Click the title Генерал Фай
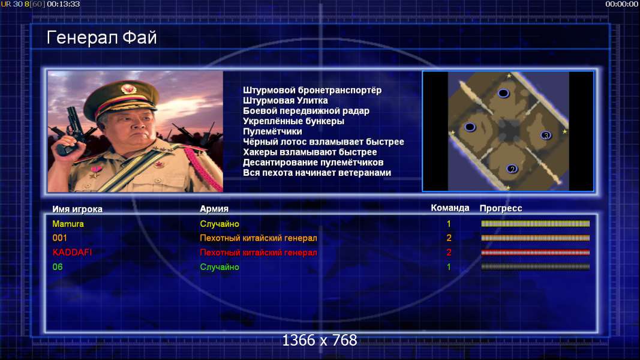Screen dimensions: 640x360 (101, 38)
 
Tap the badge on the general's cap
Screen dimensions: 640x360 (128, 89)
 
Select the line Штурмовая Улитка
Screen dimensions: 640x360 (285, 100)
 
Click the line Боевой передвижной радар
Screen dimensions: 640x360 (306, 111)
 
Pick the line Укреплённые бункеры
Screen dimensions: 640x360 (293, 121)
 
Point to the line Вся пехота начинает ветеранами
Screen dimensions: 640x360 (317, 173)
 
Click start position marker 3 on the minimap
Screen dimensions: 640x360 (546, 135)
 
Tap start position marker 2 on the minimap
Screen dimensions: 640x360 (512, 169)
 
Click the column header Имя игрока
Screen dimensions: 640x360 (77, 209)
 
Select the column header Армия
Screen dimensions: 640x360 (214, 209)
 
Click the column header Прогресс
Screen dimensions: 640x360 (501, 208)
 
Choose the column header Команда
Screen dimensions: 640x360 (450, 208)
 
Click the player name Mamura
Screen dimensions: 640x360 (68, 224)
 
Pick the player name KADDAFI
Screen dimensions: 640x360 (72, 252)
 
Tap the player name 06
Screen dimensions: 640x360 (58, 267)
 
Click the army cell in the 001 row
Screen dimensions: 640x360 (258, 238)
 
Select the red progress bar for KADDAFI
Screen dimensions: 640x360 (535, 253)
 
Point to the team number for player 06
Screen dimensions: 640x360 (449, 267)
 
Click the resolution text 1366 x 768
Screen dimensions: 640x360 (320, 340)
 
